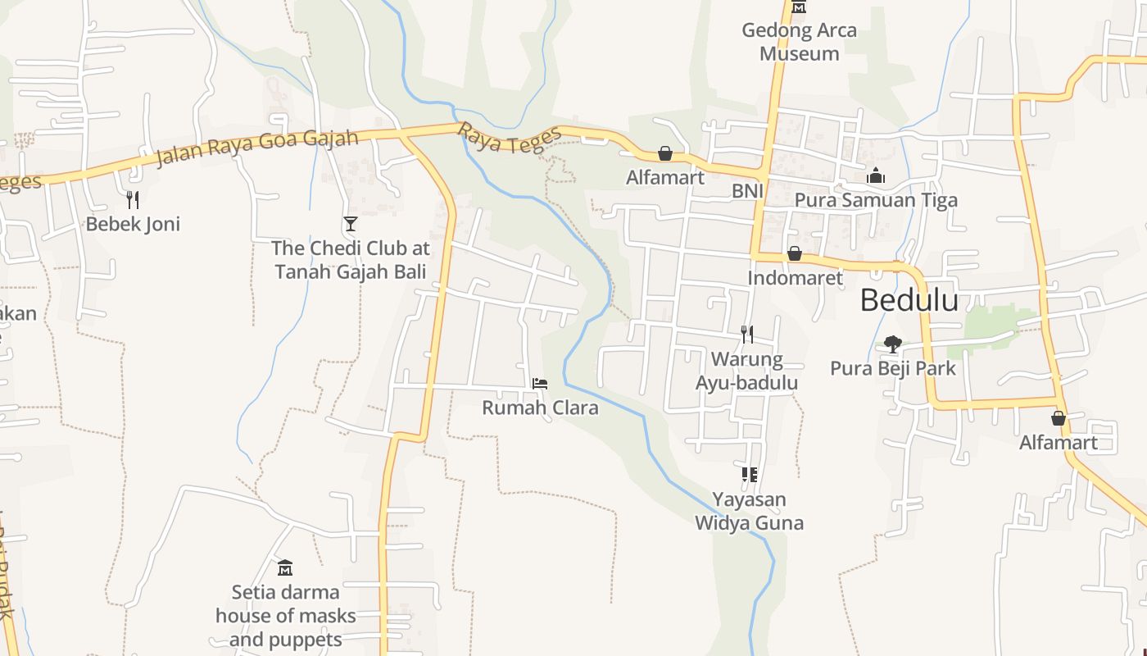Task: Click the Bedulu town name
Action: [909, 301]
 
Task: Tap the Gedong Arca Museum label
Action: [799, 42]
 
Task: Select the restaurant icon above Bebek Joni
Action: [133, 199]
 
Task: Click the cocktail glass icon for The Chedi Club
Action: [351, 223]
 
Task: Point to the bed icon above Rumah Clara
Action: [539, 383]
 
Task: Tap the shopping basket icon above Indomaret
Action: [794, 253]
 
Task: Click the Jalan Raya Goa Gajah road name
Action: [257, 147]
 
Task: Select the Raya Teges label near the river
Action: [510, 139]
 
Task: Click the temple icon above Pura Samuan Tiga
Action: [876, 175]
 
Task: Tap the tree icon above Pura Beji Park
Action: [892, 344]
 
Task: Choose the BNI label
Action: [747, 191]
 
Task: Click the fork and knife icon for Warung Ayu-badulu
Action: [746, 334]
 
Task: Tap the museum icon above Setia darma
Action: [285, 567]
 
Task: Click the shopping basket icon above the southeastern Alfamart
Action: [1059, 418]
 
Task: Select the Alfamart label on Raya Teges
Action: [665, 177]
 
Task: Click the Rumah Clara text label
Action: [540, 408]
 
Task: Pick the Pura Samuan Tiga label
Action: [876, 200]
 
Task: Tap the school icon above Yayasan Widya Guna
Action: [749, 474]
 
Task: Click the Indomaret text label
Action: [795, 278]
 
